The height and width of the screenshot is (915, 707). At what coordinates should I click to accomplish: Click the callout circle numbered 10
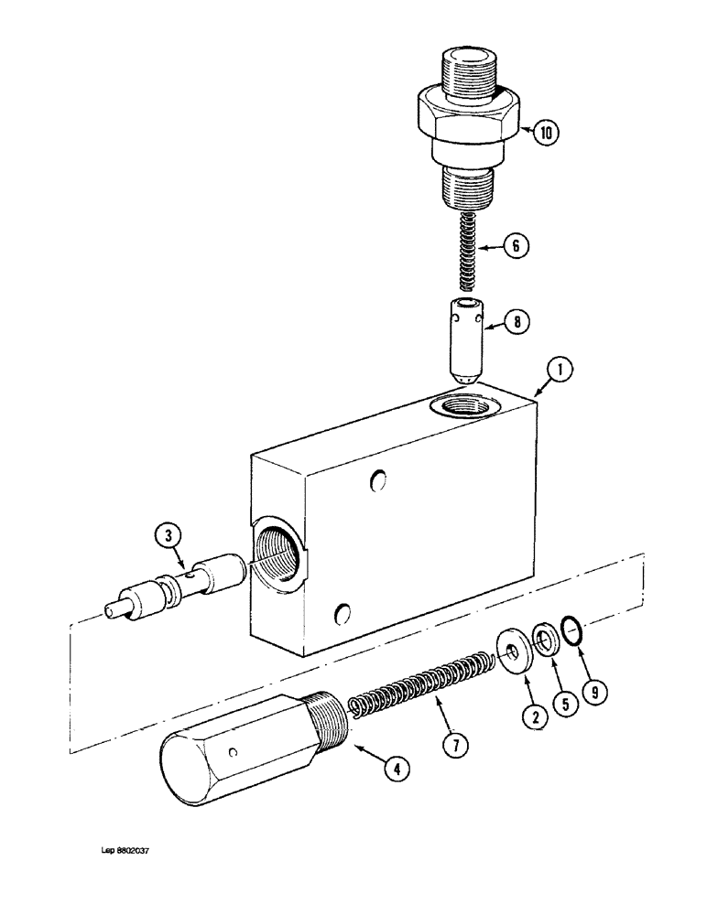click(x=546, y=134)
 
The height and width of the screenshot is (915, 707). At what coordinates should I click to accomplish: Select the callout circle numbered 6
click(x=517, y=246)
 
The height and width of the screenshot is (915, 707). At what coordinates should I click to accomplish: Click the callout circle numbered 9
click(x=594, y=693)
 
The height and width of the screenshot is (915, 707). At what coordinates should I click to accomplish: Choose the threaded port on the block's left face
click(x=280, y=550)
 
